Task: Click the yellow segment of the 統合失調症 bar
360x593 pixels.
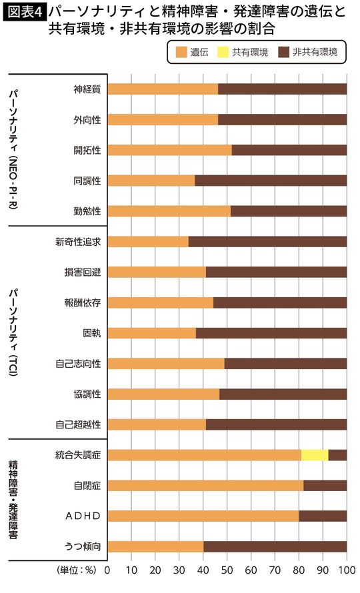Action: pyautogui.click(x=315, y=455)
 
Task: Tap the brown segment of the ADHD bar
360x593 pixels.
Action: pyautogui.click(x=323, y=516)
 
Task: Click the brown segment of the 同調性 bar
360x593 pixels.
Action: pyautogui.click(x=271, y=181)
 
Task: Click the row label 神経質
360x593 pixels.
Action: pyautogui.click(x=87, y=89)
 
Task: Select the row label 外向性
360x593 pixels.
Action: pyautogui.click(x=87, y=119)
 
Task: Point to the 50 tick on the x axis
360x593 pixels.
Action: pyautogui.click(x=227, y=571)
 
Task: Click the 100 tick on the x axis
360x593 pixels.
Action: pyautogui.click(x=347, y=571)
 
